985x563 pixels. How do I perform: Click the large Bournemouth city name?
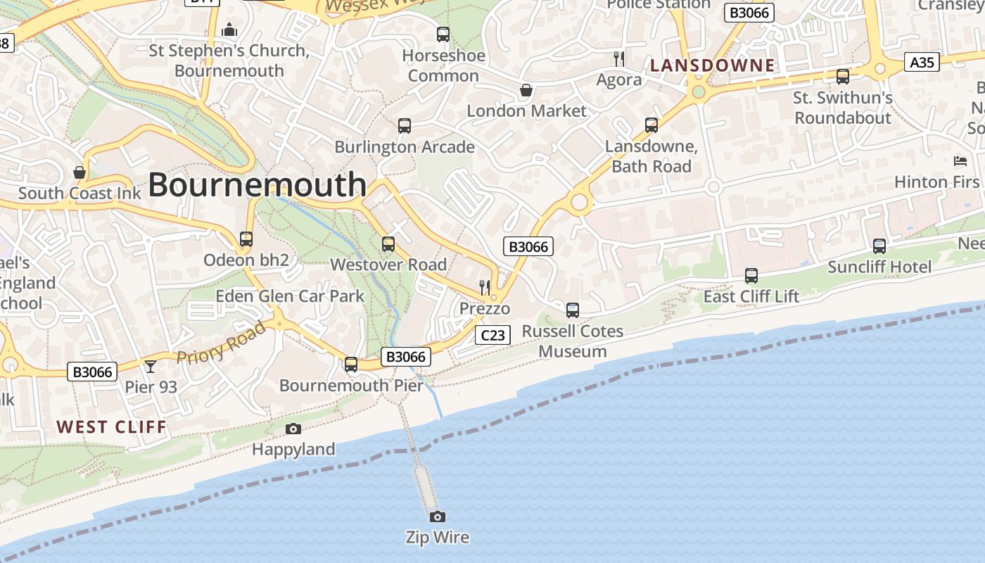(257, 184)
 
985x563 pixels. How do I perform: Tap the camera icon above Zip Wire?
(437, 517)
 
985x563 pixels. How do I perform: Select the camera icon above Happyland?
(293, 429)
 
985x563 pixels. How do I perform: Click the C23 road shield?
(493, 335)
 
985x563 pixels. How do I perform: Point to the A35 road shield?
(922, 63)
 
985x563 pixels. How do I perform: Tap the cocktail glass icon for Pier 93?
(150, 367)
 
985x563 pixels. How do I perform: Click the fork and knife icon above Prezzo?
(484, 286)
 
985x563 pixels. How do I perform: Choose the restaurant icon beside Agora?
(618, 58)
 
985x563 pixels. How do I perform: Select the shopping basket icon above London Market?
(526, 90)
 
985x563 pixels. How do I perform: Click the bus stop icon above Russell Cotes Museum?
(573, 310)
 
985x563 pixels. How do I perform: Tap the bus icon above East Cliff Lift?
(751, 276)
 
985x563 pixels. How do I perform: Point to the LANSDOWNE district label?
(712, 66)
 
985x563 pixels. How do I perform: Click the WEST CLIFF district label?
(111, 427)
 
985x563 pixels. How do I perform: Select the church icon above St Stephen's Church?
(229, 30)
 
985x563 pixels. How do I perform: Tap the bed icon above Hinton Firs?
(960, 161)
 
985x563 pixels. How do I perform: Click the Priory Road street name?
(222, 343)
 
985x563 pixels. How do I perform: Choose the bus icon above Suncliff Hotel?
(879, 246)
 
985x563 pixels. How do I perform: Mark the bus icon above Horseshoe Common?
(443, 34)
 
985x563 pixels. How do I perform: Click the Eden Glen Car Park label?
(290, 296)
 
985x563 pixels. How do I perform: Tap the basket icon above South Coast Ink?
(80, 172)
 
